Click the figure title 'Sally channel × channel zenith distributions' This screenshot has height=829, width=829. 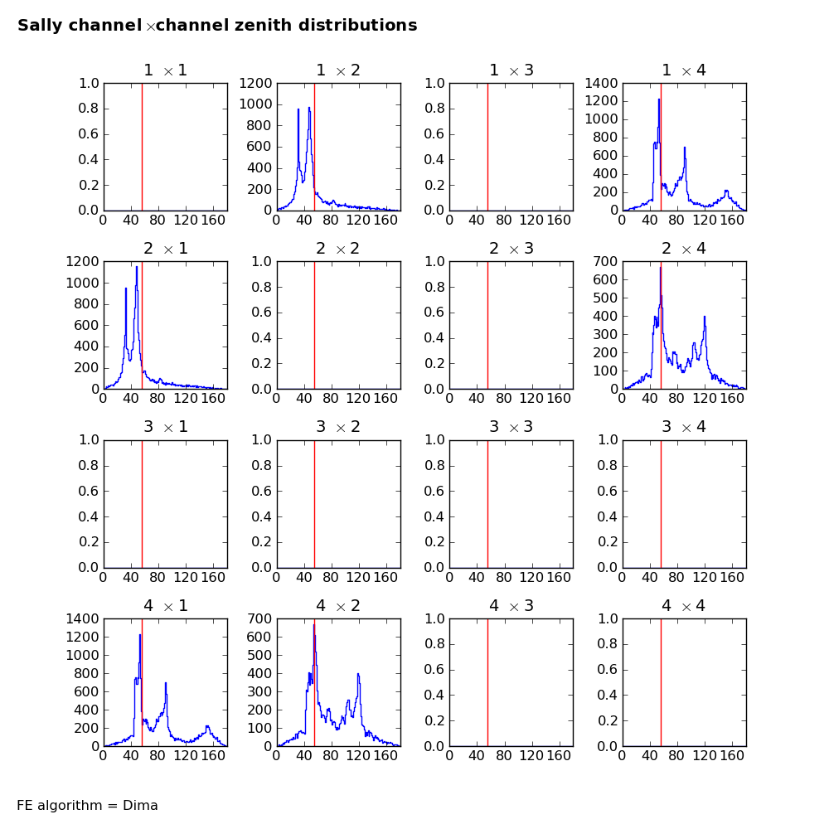coord(217,26)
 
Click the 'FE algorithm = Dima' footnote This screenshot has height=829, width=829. coord(87,806)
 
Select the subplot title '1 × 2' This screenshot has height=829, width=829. coord(338,70)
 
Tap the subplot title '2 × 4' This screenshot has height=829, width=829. coord(684,249)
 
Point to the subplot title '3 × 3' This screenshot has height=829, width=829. coord(511,427)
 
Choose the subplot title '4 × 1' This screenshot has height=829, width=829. coord(165,606)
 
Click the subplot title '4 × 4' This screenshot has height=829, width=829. coord(684,606)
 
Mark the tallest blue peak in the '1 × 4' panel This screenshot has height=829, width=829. coord(659,99)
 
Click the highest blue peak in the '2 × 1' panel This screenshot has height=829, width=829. coord(137,267)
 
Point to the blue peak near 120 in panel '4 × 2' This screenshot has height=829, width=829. coord(358,673)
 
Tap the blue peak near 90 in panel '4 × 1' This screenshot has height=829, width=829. coord(166,683)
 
